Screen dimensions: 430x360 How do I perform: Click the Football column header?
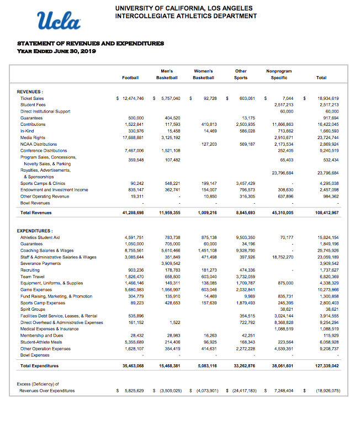(131, 78)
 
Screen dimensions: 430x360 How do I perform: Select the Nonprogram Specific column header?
(279, 75)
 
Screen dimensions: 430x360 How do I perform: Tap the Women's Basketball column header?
(204, 75)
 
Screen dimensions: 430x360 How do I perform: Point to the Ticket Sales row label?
(32, 98)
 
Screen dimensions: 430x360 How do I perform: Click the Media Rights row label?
(32, 137)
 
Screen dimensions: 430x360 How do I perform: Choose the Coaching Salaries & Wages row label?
(47, 249)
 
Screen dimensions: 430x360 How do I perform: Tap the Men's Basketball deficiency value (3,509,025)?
(170, 391)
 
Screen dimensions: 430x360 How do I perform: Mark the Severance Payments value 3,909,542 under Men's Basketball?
(170, 263)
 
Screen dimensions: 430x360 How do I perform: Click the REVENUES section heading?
(31, 92)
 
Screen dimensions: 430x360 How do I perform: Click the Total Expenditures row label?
(39, 365)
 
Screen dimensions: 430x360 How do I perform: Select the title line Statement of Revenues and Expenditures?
(91, 43)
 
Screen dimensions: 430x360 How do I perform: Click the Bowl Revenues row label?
(35, 202)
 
